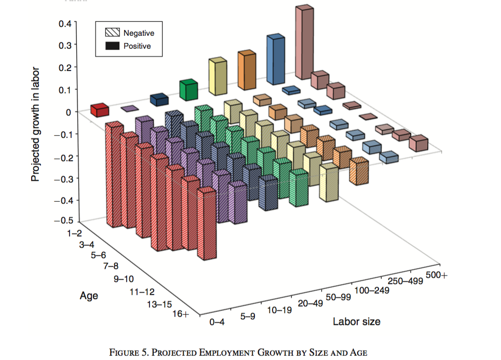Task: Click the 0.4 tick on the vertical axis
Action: point(66,23)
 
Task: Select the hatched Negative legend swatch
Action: point(113,33)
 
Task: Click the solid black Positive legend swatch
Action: point(113,46)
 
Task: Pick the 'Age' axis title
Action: point(89,296)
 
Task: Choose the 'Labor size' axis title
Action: point(356,322)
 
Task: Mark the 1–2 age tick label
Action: point(76,234)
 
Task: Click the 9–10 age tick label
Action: point(123,279)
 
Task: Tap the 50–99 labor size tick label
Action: point(340,297)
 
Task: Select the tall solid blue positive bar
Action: point(276,62)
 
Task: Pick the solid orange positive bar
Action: point(247,73)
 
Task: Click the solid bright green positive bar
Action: point(189,90)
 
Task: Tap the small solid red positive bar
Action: point(100,110)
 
